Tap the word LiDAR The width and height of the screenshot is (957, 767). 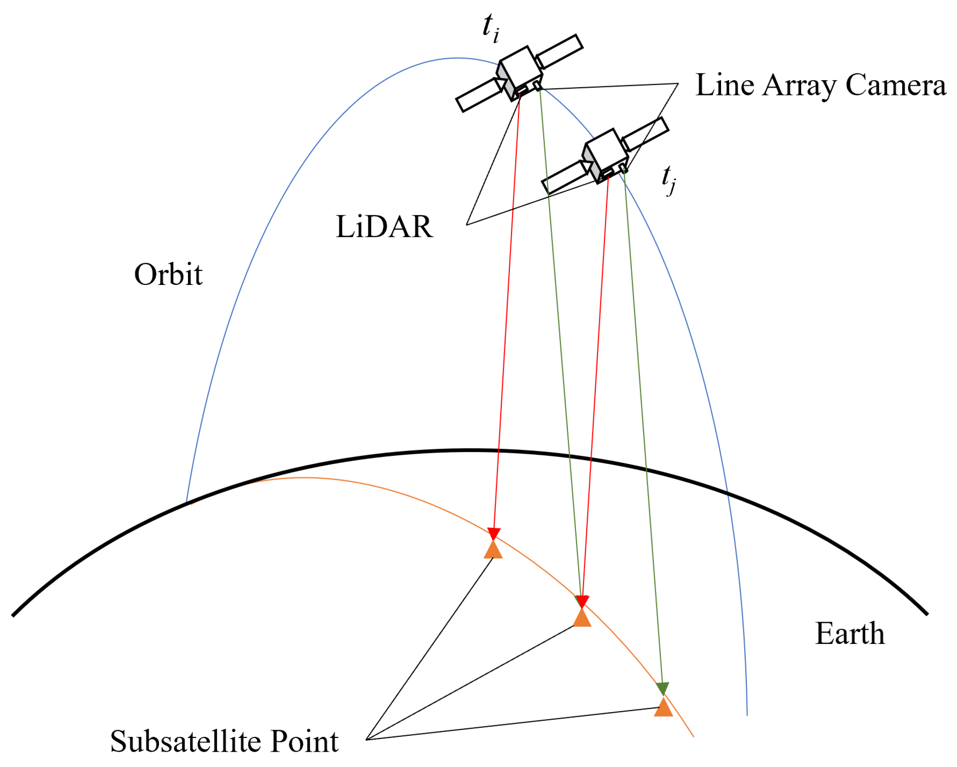(384, 227)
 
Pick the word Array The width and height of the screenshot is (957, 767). (799, 86)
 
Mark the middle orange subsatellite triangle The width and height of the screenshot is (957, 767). (582, 618)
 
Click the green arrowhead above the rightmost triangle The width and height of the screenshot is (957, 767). (662, 689)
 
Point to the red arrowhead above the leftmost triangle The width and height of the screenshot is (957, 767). (494, 533)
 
